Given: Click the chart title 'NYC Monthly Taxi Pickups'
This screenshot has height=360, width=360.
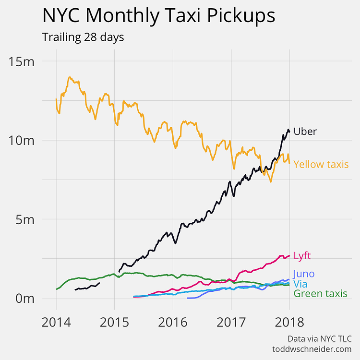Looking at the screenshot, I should [158, 16].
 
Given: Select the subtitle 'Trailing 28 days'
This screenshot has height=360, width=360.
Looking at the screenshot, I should [83, 37].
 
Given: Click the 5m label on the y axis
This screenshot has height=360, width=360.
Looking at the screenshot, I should [24, 219].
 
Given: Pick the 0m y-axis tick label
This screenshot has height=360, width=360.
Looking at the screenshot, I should [24, 298].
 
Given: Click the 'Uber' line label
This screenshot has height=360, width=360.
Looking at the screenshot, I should [305, 132].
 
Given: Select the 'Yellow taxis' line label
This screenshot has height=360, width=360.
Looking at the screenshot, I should [321, 165].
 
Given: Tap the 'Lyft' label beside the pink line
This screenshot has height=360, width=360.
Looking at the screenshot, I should [302, 256].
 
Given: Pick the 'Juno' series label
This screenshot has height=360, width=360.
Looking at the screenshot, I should [303, 274].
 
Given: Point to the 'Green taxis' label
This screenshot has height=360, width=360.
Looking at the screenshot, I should [320, 293].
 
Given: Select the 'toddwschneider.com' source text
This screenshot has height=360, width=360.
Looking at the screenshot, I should [312, 349].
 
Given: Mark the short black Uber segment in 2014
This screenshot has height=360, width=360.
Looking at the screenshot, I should [86, 288].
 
